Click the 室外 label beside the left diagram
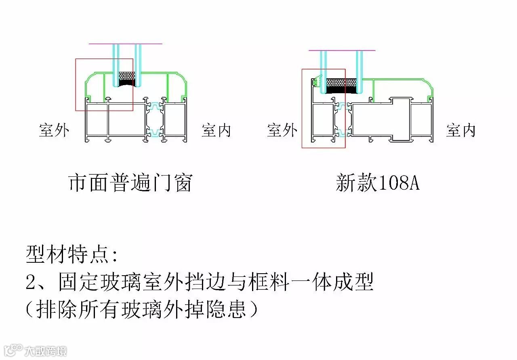tap(54, 130)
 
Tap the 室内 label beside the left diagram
tap(216, 130)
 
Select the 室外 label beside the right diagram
tap(282, 130)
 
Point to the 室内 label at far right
tap(461, 130)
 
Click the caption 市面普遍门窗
tap(130, 183)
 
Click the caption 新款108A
tap(378, 183)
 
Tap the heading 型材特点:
tap(72, 254)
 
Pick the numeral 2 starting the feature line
tap(32, 283)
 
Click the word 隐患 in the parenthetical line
tap(228, 310)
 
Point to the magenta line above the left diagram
tap(125, 44)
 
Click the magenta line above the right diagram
tap(342, 50)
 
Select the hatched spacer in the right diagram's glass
tap(342, 82)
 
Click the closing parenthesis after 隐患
tap(254, 310)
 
